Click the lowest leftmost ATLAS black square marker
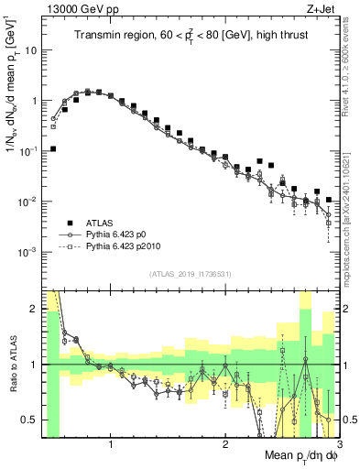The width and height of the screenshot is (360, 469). tap(53, 148)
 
